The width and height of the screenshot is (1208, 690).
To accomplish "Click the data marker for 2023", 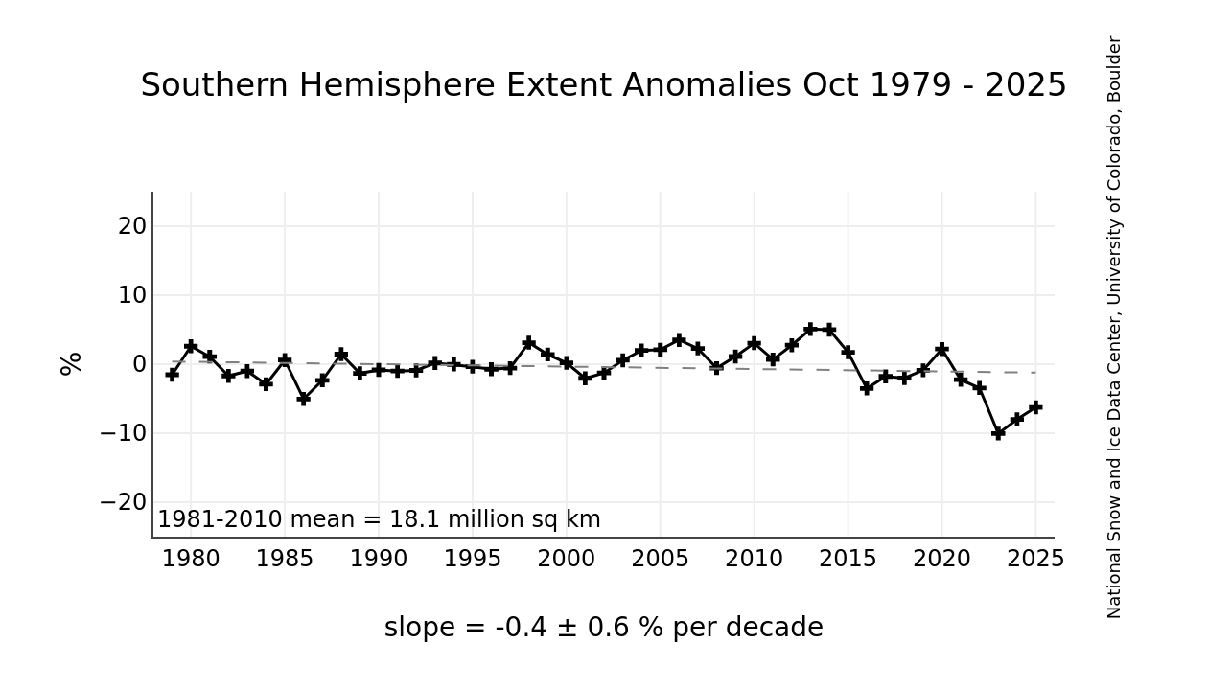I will [998, 433].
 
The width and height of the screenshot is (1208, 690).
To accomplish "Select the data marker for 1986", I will [303, 398].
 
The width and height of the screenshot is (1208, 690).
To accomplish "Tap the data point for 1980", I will [191, 346].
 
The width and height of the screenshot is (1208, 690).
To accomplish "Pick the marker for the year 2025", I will [1035, 407].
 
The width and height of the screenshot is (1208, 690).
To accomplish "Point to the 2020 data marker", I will [941, 349].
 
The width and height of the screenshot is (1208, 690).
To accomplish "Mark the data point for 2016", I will [867, 388].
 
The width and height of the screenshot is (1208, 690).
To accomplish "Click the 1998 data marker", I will [528, 342].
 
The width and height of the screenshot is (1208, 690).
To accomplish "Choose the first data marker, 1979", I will [172, 374].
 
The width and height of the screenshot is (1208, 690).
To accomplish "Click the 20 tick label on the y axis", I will [132, 226].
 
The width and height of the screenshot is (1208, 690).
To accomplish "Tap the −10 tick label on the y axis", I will [124, 433].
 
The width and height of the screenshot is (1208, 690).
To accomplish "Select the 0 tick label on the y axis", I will [139, 364].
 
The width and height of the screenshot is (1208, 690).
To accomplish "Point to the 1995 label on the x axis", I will [472, 560].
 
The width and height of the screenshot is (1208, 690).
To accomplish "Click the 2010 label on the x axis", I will [754, 560].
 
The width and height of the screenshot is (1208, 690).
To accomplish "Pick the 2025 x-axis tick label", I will [1035, 560].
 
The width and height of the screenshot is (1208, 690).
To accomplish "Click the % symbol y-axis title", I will [72, 364].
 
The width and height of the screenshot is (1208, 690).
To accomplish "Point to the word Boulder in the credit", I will [1114, 67].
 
